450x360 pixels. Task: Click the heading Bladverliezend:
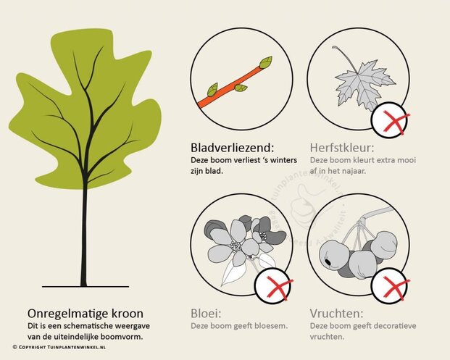[x=233, y=148]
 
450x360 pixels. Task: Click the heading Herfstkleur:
[x=342, y=148]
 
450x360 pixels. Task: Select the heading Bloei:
[x=206, y=314]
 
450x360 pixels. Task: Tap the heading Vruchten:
[x=336, y=314]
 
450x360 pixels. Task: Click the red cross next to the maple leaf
[x=396, y=122]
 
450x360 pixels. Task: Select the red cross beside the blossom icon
[x=279, y=288]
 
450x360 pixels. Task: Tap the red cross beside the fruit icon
[x=396, y=288]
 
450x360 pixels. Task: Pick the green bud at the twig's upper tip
[x=266, y=62]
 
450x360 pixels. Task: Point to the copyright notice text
[x=59, y=347]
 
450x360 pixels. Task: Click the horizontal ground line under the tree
[x=86, y=286]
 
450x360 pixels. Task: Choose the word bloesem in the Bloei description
[x=273, y=326]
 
